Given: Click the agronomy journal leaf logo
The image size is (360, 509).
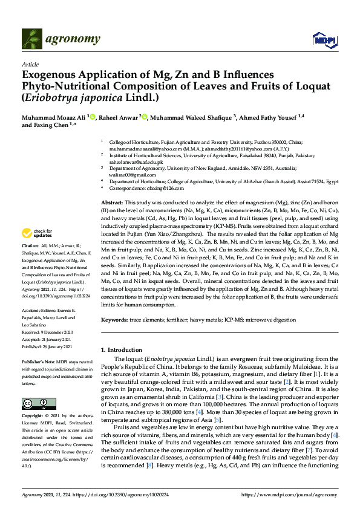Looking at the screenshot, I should pyautogui.click(x=32, y=39).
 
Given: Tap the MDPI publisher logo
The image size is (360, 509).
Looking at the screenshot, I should pyautogui.click(x=324, y=40).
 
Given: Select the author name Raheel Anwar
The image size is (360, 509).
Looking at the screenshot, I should pyautogui.click(x=119, y=117).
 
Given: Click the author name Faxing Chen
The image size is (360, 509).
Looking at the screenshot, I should pyautogui.click(x=54, y=126).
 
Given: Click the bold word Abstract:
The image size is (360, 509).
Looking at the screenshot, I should pyautogui.click(x=112, y=202).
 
